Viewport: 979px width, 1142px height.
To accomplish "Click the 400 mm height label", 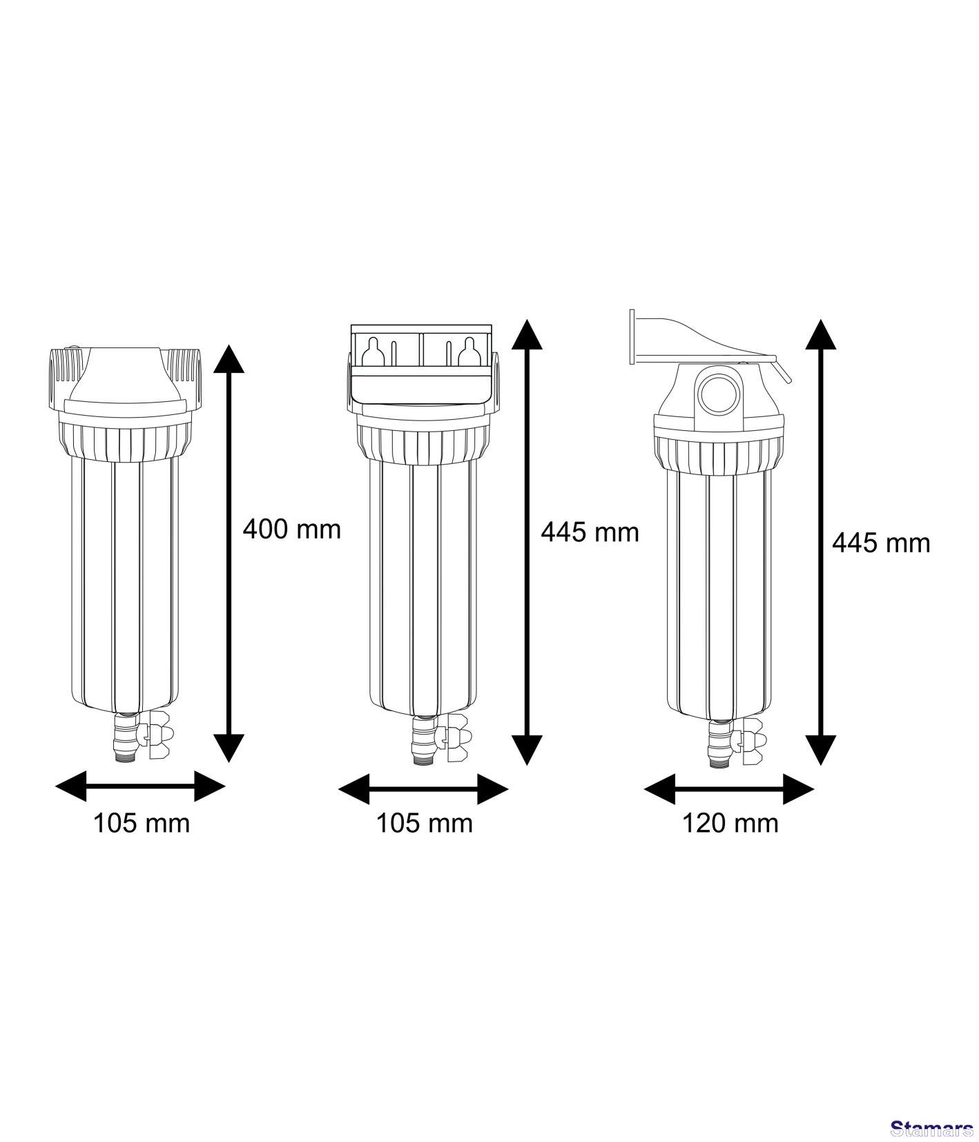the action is tap(292, 530).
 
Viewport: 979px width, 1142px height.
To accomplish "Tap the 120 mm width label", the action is tap(730, 823).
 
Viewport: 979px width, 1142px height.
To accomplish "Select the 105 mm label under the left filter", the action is tap(142, 823).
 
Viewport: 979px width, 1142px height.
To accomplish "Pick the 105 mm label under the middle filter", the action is tap(425, 823).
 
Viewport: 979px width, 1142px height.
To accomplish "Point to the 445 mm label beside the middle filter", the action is tap(590, 532).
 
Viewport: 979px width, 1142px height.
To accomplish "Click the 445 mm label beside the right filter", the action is tap(881, 543).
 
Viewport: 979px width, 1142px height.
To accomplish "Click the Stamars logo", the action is tap(932, 1129).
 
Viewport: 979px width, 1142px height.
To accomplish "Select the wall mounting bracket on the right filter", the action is tap(708, 340).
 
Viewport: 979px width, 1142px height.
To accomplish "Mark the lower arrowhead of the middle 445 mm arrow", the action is tap(527, 750).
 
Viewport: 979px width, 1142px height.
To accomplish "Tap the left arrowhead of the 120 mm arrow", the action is tap(659, 788).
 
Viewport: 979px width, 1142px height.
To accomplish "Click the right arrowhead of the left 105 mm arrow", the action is tap(210, 786).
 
